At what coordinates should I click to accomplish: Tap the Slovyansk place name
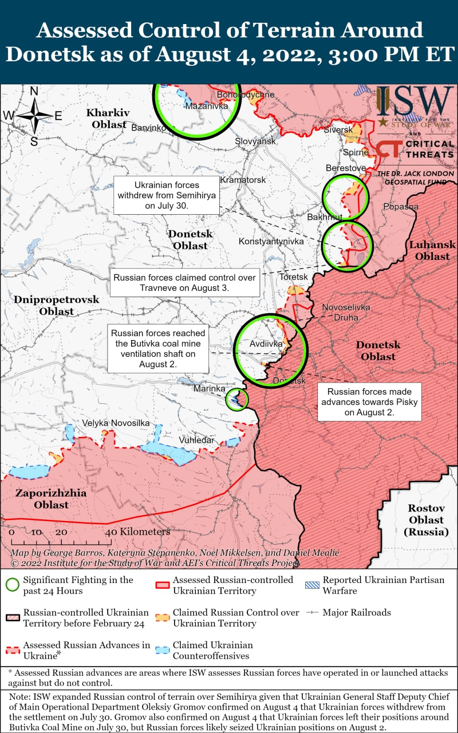point(255,141)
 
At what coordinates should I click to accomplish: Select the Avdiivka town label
point(266,344)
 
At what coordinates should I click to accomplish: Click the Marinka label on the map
point(208,389)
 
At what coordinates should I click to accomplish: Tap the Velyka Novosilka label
point(116,423)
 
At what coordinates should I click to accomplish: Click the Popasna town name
point(401,207)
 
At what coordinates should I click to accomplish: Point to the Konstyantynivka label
point(271,242)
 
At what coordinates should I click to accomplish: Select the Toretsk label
point(294,277)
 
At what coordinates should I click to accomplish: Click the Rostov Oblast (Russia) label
point(426,520)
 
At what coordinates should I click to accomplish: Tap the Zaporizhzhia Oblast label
point(51,499)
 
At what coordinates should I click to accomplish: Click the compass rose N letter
point(34,91)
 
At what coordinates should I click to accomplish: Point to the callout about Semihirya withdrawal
point(167,195)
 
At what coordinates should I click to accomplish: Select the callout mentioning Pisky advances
point(369,402)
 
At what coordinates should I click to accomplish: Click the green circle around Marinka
point(236,399)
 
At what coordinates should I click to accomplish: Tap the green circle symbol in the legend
point(11,585)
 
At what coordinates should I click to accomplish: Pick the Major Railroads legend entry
point(356,613)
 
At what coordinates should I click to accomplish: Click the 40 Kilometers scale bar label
point(137,532)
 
